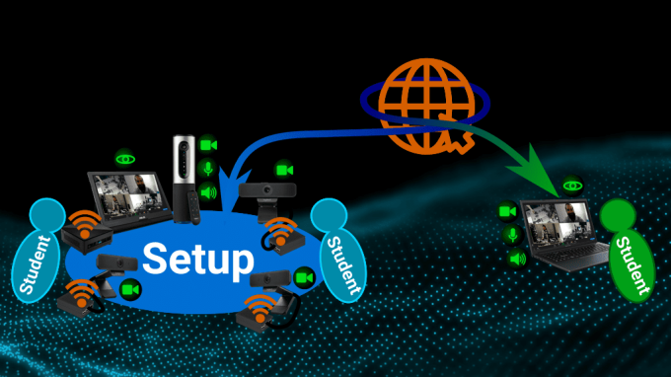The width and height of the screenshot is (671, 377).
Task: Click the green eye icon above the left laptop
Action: pyautogui.click(x=125, y=157)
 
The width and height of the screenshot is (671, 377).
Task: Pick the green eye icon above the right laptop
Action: pyautogui.click(x=572, y=185)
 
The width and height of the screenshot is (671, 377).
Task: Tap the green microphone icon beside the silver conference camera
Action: pyautogui.click(x=208, y=169)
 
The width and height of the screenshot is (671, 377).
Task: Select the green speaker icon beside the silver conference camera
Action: pyautogui.click(x=208, y=191)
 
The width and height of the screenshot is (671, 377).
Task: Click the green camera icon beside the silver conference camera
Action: pyautogui.click(x=208, y=145)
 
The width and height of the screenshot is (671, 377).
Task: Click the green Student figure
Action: pyautogui.click(x=627, y=248)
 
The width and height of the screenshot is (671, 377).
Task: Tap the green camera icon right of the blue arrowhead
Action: pyautogui.click(x=284, y=170)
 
